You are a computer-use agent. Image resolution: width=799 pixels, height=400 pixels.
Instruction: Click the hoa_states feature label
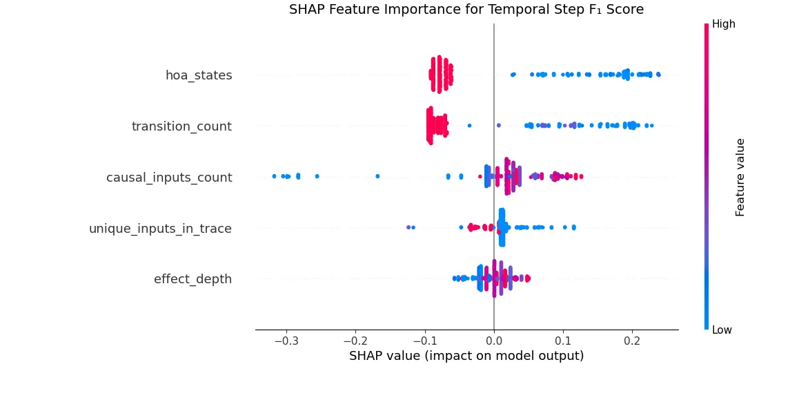click(x=199, y=75)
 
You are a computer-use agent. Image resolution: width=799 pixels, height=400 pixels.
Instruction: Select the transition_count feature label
click(x=181, y=126)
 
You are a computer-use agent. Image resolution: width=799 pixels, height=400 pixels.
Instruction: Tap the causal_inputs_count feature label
click(x=169, y=178)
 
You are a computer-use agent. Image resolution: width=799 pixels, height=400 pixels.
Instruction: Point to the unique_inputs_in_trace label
click(x=160, y=229)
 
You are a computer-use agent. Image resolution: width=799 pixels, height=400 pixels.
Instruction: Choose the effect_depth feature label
click(x=193, y=279)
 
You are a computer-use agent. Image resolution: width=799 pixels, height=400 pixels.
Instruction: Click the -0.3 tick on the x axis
click(x=286, y=341)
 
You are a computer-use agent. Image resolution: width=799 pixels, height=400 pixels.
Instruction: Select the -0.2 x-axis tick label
click(x=355, y=341)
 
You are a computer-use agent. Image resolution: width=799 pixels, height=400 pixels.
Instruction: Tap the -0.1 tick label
click(x=424, y=341)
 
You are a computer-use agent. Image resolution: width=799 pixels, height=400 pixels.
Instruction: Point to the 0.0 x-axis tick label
click(x=494, y=341)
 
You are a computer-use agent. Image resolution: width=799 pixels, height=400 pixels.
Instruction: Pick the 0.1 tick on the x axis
click(x=563, y=341)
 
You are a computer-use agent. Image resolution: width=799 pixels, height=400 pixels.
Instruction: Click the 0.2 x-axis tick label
click(x=632, y=341)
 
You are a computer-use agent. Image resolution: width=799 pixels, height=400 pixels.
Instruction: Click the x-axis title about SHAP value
click(x=466, y=356)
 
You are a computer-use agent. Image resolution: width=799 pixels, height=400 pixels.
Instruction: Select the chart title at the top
click(x=466, y=10)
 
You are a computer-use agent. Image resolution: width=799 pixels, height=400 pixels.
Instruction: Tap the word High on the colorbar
click(x=724, y=24)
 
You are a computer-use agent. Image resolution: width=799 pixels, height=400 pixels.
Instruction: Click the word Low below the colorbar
click(x=722, y=330)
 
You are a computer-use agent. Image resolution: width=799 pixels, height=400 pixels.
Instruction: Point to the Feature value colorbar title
click(x=740, y=177)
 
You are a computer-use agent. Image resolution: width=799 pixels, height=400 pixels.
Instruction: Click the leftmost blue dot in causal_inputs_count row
click(x=274, y=176)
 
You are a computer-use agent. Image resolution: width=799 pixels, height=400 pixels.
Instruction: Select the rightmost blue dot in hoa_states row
click(x=658, y=74)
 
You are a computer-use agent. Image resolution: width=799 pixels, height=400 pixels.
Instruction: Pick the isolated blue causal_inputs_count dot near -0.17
click(x=377, y=176)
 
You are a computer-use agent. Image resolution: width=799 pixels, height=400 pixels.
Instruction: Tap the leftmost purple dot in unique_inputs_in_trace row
click(x=408, y=227)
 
